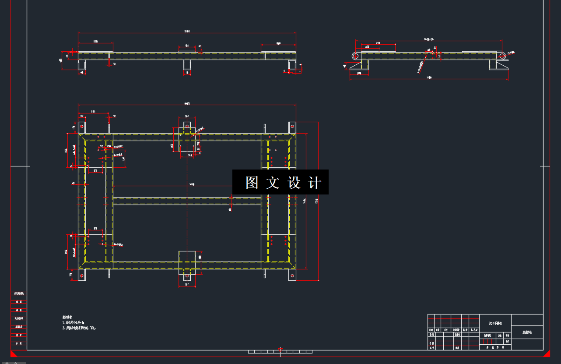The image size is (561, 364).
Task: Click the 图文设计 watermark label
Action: coord(280,182)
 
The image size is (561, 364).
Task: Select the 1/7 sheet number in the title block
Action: coord(507,342)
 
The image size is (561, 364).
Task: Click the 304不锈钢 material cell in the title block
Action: coord(495,323)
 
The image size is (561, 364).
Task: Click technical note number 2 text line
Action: coord(79,328)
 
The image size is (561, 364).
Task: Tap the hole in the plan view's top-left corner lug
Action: coord(82,127)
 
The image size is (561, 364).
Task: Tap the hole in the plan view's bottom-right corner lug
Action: coord(292,276)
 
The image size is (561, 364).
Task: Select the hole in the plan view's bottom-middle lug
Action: coord(187,276)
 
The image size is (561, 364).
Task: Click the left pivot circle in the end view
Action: coord(356,56)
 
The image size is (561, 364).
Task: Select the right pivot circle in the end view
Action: coord(503,56)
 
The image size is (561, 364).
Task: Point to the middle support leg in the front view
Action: coord(187,65)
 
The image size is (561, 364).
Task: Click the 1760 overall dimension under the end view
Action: coord(429,78)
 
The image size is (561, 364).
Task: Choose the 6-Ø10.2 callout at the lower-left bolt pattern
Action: coord(118,244)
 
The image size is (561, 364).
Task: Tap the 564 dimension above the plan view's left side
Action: coord(93,112)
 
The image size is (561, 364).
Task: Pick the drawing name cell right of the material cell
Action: coord(527,332)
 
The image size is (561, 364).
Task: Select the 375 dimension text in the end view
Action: coord(378,42)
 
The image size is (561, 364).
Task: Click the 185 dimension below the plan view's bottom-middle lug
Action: coord(187,285)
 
